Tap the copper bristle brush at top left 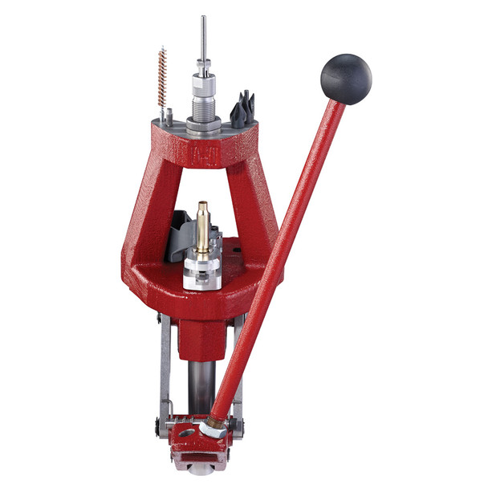(162, 79)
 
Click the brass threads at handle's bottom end (218, 418)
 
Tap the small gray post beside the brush (163, 117)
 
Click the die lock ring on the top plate (204, 124)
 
